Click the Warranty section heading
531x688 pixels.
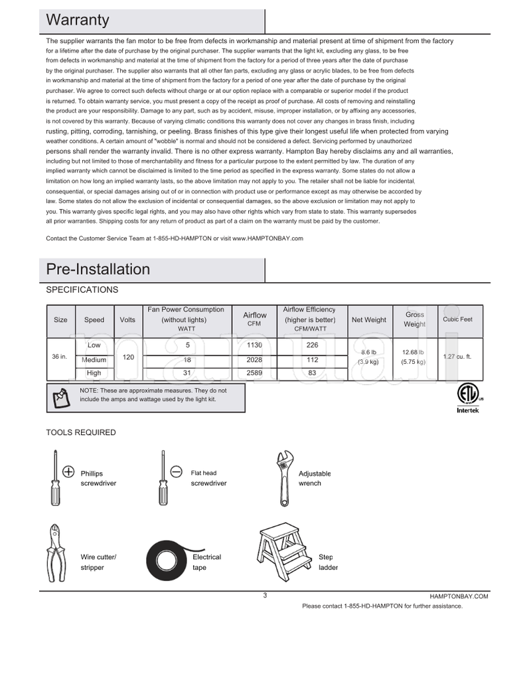(x=78, y=21)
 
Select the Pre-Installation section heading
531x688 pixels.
(x=98, y=269)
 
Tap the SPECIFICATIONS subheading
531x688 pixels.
(x=82, y=290)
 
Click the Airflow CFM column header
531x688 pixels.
(x=254, y=319)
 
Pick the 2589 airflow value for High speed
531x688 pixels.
(x=254, y=373)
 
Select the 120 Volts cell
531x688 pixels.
(x=128, y=357)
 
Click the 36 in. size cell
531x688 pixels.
(x=60, y=357)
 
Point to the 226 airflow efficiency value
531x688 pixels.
(x=309, y=345)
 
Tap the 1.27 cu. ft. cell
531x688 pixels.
(x=457, y=357)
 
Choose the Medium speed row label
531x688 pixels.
(x=94, y=359)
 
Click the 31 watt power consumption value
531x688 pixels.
(x=187, y=373)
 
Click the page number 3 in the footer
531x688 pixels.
(x=265, y=595)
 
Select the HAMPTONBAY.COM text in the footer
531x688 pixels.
(x=459, y=596)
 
